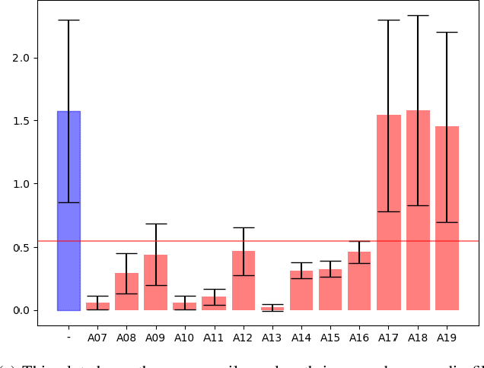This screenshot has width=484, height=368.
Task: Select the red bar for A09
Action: [x=156, y=293]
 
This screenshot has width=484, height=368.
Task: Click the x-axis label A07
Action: [x=97, y=335]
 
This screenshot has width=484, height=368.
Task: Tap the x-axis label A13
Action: [x=272, y=335]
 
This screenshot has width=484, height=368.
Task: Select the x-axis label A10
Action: [x=185, y=335]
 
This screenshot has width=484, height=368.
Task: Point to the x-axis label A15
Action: [x=330, y=335]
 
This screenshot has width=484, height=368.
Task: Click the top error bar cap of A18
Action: [x=418, y=15]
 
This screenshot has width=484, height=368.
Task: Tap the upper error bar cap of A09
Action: [x=156, y=224]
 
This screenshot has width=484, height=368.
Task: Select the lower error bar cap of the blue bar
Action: [x=68, y=202]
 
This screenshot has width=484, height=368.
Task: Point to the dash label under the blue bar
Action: [x=68, y=335]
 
